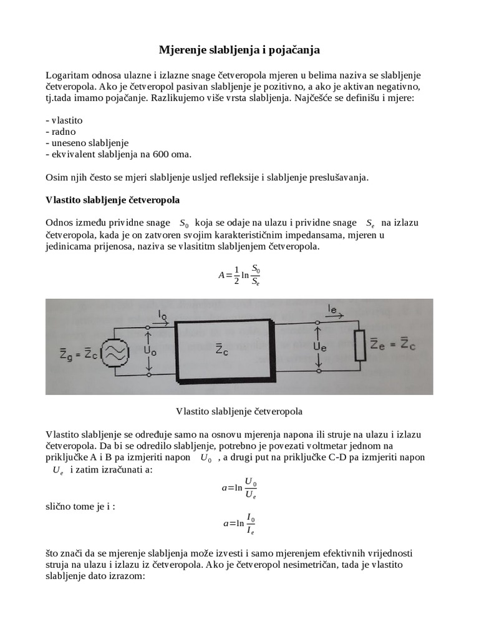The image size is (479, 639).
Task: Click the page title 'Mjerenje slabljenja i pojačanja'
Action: click(239, 49)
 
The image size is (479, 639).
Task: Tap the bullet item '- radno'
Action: click(60, 131)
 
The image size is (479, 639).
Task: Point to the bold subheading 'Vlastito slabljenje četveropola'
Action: click(113, 200)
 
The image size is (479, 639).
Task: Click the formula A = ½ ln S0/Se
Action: click(239, 273)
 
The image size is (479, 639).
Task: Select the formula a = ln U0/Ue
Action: click(239, 487)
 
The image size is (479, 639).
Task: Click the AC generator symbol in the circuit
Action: click(115, 352)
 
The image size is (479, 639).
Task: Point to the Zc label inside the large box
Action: click(221, 349)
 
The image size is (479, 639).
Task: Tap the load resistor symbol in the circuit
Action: click(360, 345)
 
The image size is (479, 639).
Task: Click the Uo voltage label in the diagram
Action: click(150, 351)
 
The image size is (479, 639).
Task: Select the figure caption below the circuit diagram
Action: click(239, 411)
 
